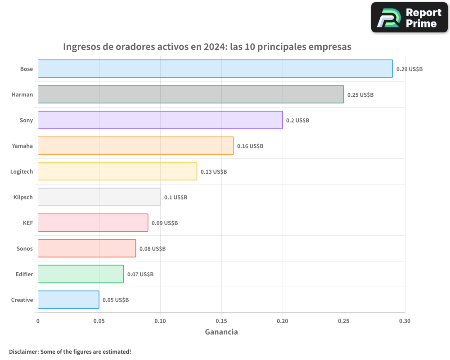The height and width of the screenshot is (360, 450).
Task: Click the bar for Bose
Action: pos(215,69)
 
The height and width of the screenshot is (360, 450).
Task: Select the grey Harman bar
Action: pos(191,94)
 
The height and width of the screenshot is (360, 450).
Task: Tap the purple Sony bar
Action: pos(160,120)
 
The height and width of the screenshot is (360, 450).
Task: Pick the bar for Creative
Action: pos(68,300)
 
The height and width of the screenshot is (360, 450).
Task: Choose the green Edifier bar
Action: pos(81,274)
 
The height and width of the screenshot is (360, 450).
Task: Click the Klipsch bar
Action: pos(99,197)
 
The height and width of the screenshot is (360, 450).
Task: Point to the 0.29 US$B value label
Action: pos(409,69)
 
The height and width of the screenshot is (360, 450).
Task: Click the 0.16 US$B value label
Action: pos(250,146)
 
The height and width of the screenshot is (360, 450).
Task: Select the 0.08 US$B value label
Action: pos(152,249)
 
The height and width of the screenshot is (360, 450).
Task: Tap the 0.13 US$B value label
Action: pos(213,172)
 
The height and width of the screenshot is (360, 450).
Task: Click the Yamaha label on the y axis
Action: pos(22,146)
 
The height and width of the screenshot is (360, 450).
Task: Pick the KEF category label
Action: pos(27,223)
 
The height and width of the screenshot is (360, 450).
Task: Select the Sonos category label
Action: pos(25,248)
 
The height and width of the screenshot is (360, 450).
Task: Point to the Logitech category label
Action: pos(22,171)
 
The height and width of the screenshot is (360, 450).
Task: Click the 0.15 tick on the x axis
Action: pos(221,321)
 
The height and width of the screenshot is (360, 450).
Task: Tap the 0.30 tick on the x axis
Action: pos(405,321)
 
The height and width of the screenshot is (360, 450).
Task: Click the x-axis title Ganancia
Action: pos(221,332)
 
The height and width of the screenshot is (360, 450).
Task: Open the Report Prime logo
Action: pos(409,18)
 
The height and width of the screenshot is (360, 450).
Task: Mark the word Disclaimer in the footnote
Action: pos(23,351)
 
